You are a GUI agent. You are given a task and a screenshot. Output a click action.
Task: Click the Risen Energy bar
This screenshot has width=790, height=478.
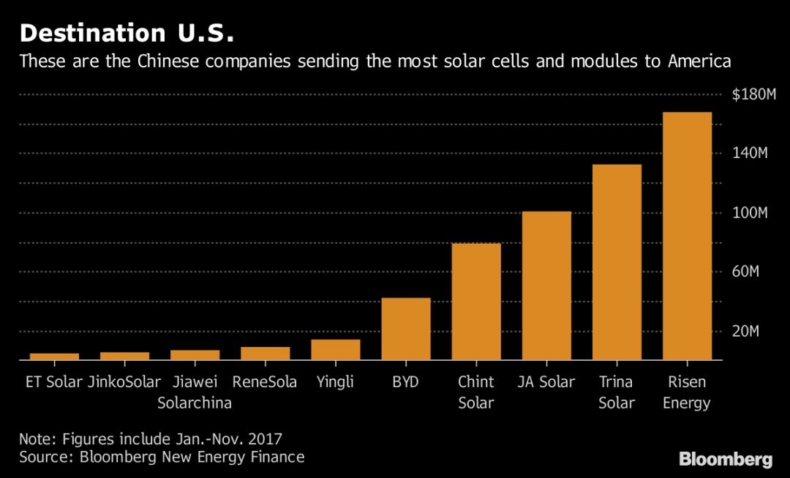click(687, 236)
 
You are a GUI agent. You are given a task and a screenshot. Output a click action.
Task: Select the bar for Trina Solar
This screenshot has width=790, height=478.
click(617, 262)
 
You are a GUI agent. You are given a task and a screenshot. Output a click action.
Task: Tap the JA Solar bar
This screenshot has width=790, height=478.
click(546, 285)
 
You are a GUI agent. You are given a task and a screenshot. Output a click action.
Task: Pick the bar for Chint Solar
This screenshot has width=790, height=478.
click(476, 302)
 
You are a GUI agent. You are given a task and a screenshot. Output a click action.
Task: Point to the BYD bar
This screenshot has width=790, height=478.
click(406, 329)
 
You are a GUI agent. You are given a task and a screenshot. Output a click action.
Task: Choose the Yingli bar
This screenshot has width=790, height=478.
click(336, 350)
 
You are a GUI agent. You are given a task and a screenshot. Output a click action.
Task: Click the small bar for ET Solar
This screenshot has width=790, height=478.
click(54, 356)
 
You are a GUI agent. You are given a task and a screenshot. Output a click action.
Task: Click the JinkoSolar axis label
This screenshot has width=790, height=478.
click(124, 382)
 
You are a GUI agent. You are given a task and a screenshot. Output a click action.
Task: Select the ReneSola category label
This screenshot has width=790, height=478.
click(265, 382)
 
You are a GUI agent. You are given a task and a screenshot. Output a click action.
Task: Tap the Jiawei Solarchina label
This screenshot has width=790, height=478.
click(195, 392)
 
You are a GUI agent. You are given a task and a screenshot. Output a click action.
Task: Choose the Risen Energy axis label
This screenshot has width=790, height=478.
click(686, 392)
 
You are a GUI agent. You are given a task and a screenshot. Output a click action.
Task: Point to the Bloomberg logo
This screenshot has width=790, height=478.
click(726, 460)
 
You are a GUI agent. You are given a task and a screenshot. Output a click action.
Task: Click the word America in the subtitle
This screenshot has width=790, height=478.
click(699, 61)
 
